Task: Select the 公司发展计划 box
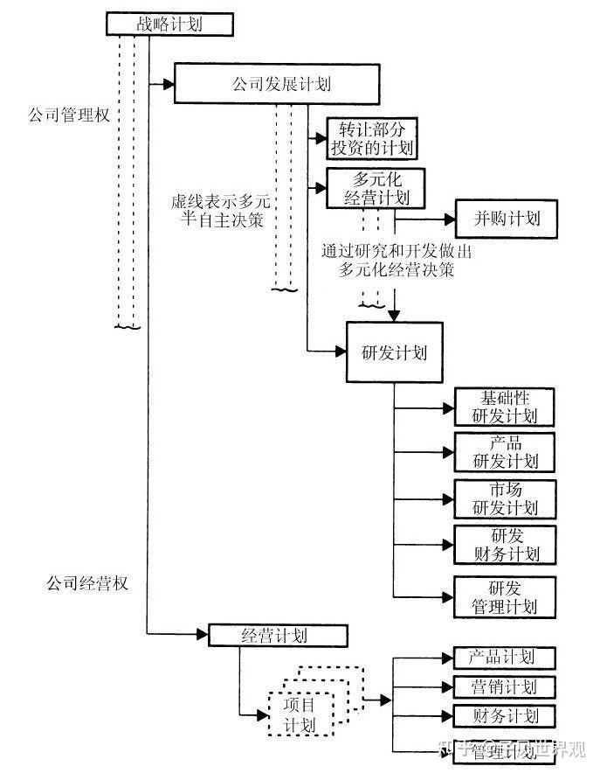tap(278, 85)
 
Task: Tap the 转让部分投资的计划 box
tap(371, 138)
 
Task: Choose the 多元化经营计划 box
tap(376, 187)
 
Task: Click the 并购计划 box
tap(505, 218)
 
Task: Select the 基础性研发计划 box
tap(506, 406)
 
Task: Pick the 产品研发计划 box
tap(506, 451)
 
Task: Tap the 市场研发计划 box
tap(506, 498)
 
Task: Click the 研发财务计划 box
tap(506, 544)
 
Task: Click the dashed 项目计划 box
tap(300, 714)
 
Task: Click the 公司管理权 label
tap(67, 115)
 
